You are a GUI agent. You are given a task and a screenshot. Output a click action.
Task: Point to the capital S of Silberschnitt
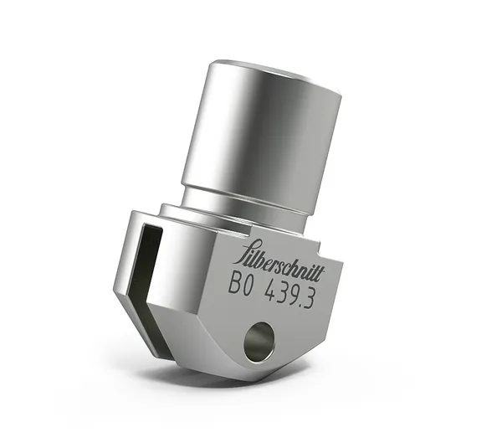(238, 251)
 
